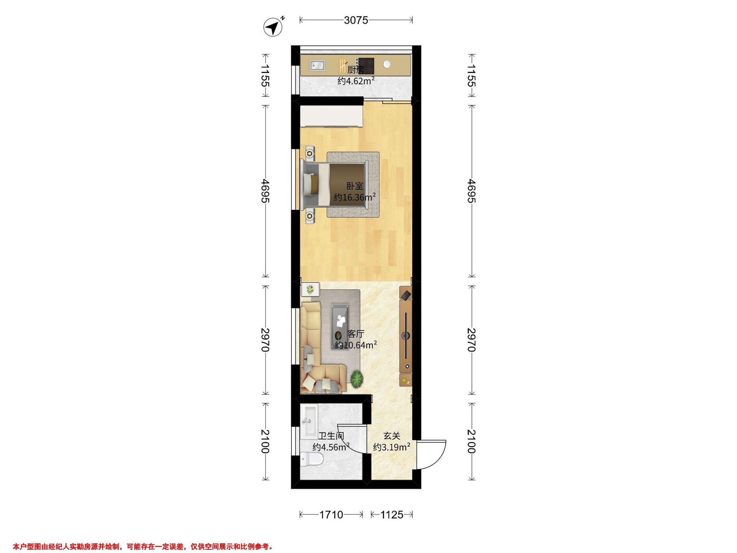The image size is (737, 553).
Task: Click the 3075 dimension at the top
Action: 356,20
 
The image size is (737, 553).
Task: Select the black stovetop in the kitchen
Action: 366,66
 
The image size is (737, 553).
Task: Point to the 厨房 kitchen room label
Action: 356,70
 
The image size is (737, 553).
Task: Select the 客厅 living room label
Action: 356,334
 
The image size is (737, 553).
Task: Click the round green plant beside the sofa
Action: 357,379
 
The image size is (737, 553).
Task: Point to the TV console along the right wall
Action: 406,336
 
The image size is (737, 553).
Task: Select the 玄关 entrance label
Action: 392,436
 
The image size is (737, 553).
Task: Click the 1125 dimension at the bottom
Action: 392,515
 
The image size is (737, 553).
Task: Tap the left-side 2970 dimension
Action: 265,340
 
